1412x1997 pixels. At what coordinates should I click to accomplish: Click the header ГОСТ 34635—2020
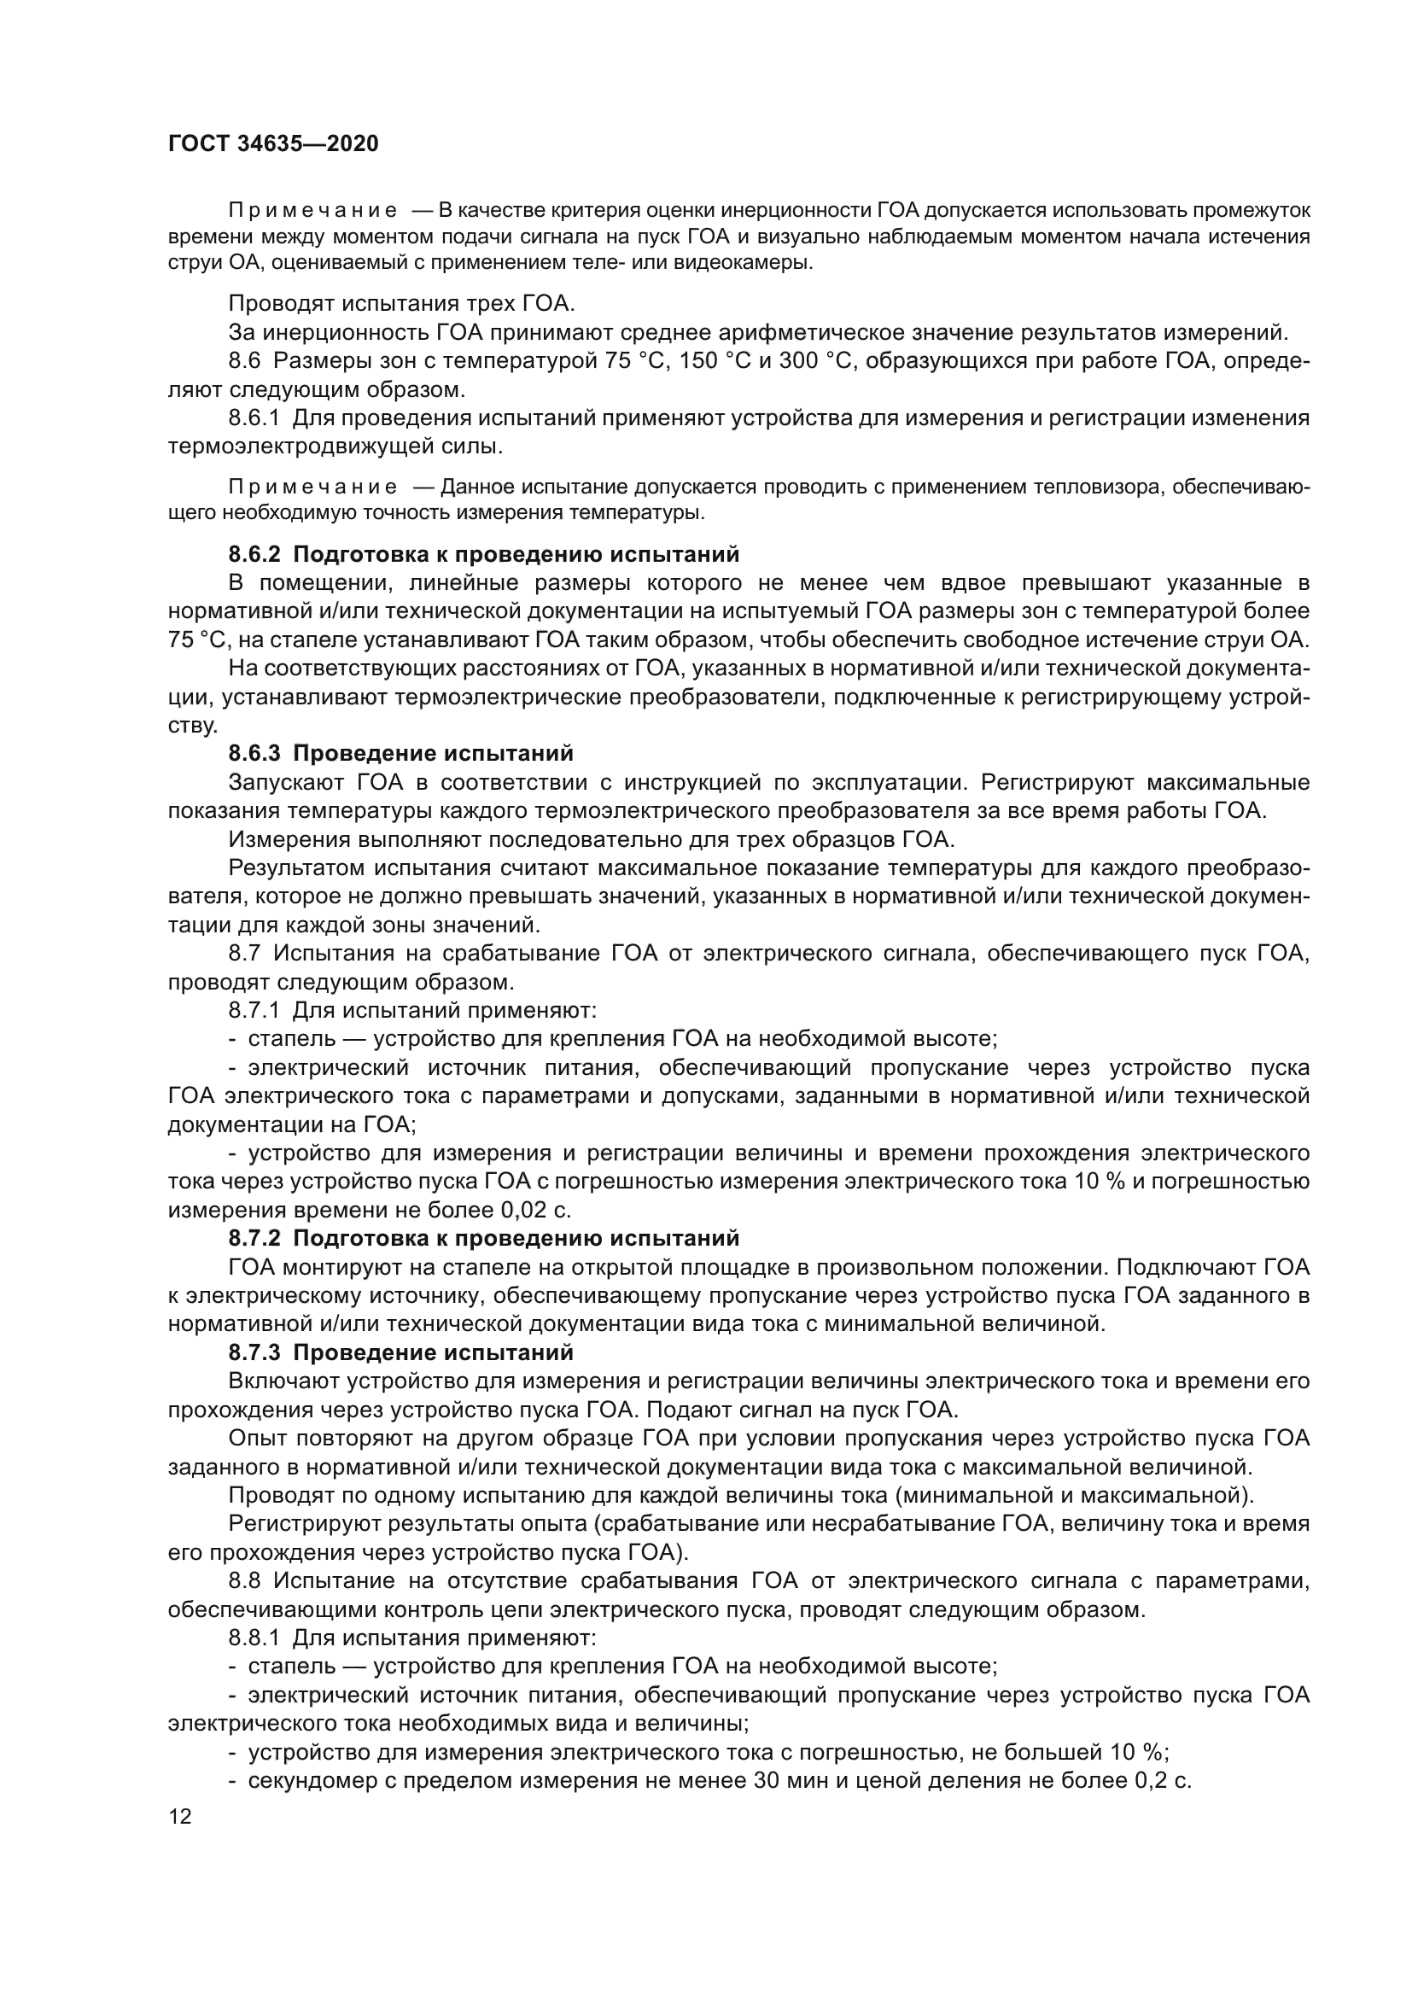click(273, 143)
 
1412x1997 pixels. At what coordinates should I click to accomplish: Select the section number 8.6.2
click(254, 554)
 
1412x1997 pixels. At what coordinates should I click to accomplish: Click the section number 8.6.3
click(254, 753)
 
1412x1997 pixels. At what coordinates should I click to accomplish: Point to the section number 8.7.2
click(254, 1238)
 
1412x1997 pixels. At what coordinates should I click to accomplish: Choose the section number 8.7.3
click(254, 1352)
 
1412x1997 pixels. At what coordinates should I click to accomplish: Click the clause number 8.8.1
click(254, 1638)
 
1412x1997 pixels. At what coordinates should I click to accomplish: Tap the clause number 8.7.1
click(254, 1011)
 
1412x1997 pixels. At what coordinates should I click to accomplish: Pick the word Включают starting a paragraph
click(284, 1381)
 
